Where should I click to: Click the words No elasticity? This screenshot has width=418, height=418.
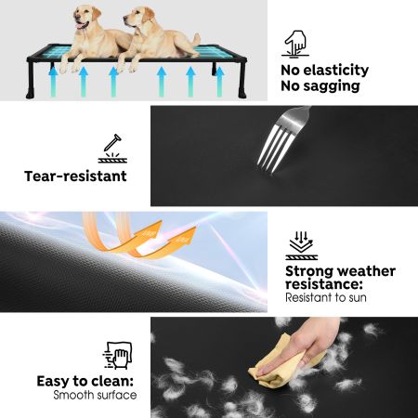tap(324, 71)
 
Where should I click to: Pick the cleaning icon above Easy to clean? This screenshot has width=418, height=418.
tap(117, 357)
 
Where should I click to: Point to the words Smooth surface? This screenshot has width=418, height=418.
tap(95, 396)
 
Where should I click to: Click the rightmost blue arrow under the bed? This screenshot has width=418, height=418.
tap(219, 81)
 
